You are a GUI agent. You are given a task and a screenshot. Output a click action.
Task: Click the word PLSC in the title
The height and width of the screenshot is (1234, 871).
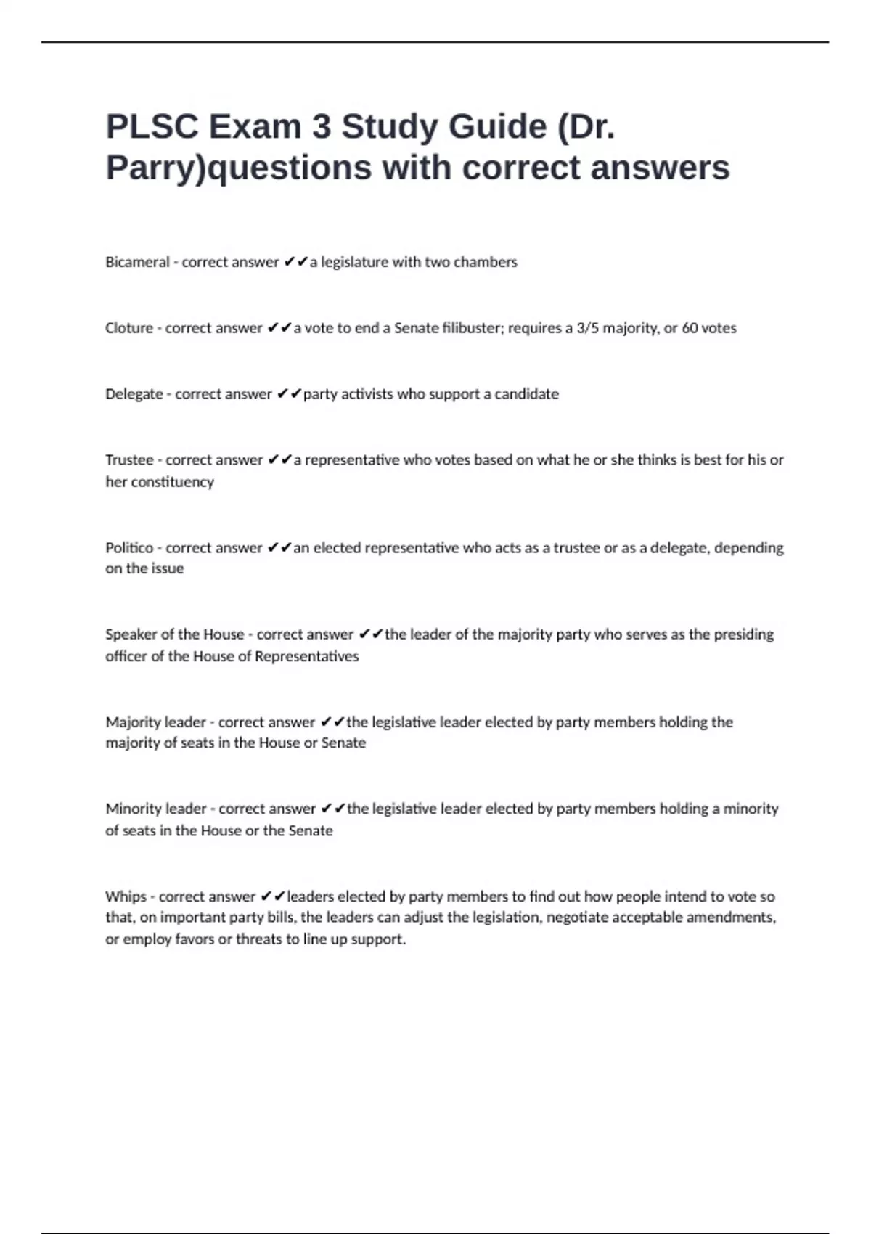(x=152, y=127)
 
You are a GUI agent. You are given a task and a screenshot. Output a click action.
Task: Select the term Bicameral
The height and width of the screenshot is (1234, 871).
(x=137, y=262)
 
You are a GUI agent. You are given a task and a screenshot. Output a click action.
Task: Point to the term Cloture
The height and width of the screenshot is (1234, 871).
(x=129, y=328)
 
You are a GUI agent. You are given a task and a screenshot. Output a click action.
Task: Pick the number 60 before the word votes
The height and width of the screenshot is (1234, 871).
(x=690, y=328)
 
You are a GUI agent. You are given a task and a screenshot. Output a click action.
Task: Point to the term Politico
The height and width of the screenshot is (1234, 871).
(x=129, y=548)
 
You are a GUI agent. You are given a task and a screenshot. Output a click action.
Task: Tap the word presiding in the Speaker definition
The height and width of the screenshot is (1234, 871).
(x=744, y=634)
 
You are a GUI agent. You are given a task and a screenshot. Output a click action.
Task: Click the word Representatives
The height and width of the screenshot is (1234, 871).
(x=306, y=656)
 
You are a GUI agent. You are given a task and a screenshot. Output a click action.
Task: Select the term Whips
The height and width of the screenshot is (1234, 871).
(x=126, y=896)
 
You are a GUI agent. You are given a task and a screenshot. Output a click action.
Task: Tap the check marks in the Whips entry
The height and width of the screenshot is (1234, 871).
(x=273, y=896)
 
